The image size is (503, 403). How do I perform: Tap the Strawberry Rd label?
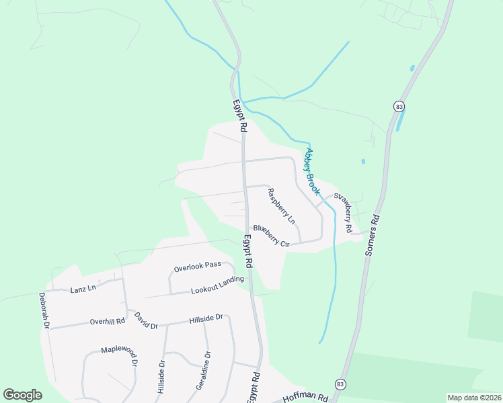pyautogui.click(x=343, y=213)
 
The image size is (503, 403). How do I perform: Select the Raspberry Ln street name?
pyautogui.click(x=281, y=206)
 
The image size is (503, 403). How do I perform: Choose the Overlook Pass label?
pyautogui.click(x=197, y=267)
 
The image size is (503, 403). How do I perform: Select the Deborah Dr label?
pyautogui.click(x=44, y=310)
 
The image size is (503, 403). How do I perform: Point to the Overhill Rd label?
pyautogui.click(x=108, y=321)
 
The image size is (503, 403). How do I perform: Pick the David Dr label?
pyautogui.click(x=145, y=320)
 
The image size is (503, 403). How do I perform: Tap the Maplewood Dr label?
pyautogui.click(x=119, y=354)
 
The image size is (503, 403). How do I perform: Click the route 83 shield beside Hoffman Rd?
pyautogui.click(x=340, y=384)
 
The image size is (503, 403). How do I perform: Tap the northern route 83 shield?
pyautogui.click(x=399, y=106)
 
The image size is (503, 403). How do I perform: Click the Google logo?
pyautogui.click(x=22, y=395)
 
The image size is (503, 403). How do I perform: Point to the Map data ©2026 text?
pyautogui.click(x=473, y=398)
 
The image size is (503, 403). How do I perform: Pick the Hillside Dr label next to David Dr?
pyautogui.click(x=206, y=318)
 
